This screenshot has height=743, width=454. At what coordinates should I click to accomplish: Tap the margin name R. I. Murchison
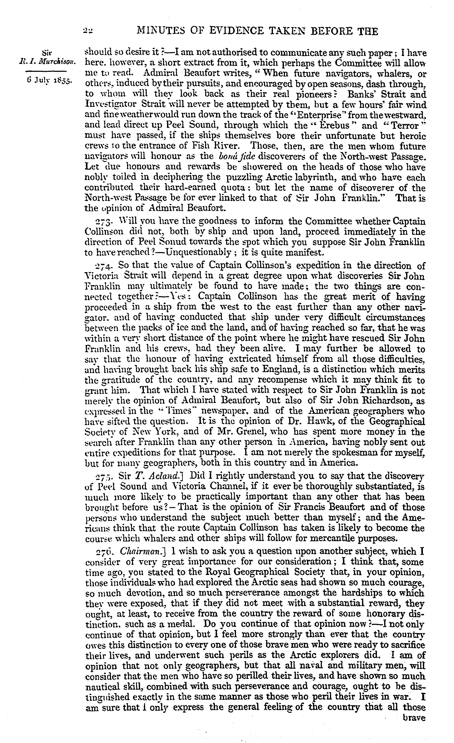pos(46,63)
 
